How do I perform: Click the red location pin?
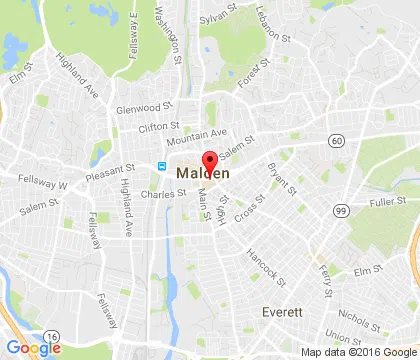click(x=210, y=161)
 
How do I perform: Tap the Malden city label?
click(x=202, y=173)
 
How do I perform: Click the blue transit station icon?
click(x=160, y=165)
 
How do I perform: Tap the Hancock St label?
click(x=267, y=263)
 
